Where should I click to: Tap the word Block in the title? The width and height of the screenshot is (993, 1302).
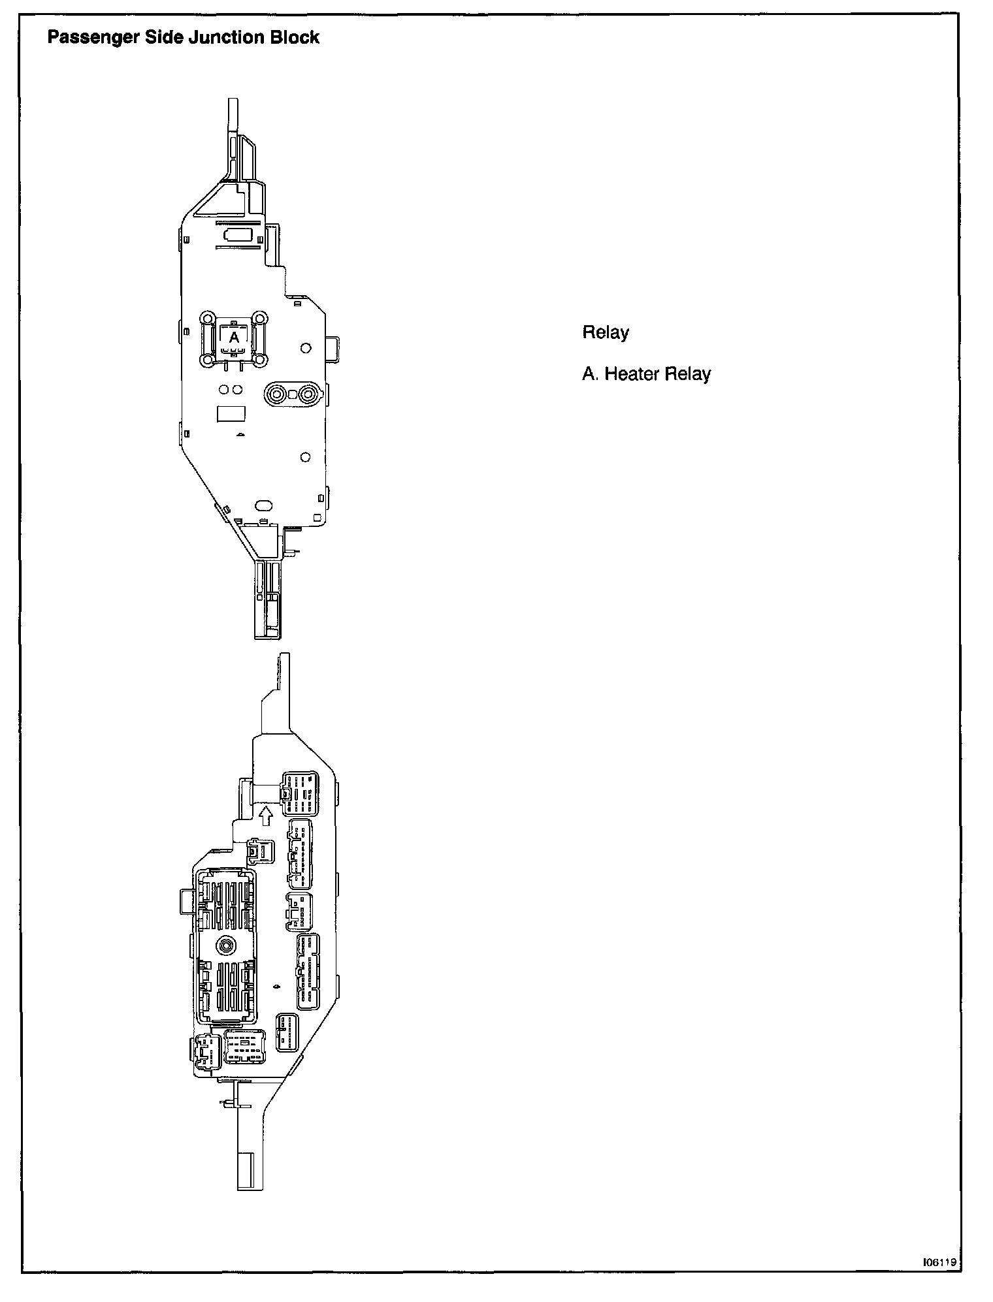point(295,38)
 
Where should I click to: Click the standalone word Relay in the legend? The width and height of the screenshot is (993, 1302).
point(605,332)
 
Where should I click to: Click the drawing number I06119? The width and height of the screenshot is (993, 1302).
point(939,1263)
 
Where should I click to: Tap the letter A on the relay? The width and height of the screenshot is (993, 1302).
point(233,338)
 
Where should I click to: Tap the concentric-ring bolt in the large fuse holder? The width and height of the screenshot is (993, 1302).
point(226,945)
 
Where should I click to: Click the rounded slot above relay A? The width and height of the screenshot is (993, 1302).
point(235,234)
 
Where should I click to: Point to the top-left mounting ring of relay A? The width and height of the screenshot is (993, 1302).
point(207,319)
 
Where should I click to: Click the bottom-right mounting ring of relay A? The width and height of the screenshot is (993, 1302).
point(259,359)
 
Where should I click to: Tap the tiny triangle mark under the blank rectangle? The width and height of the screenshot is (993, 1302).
point(240,434)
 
